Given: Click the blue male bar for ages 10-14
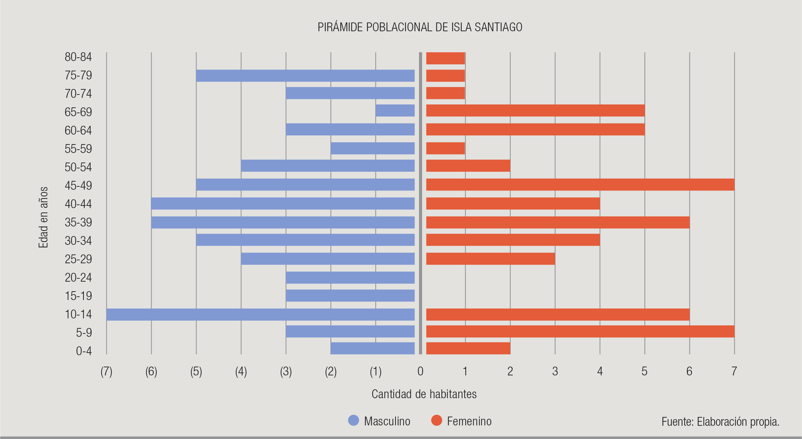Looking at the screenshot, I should click(x=260, y=314).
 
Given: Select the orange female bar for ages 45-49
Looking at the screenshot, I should click(x=580, y=185).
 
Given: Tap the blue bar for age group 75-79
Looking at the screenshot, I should click(x=305, y=76).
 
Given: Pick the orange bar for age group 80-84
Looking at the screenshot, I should click(x=446, y=58).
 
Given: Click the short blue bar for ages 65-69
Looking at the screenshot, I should click(x=395, y=111).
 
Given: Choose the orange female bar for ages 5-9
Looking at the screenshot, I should click(x=580, y=331).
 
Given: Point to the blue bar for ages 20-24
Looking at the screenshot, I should click(x=350, y=278).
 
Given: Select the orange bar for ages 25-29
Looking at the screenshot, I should click(x=490, y=259).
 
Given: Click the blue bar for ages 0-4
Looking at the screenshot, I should click(x=373, y=348).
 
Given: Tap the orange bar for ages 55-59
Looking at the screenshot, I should click(x=446, y=148).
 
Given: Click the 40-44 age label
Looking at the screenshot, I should click(x=78, y=204).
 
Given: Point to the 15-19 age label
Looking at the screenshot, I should click(x=78, y=296).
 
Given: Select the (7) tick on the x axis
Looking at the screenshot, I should click(x=106, y=372).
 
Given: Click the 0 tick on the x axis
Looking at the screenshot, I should click(x=420, y=372).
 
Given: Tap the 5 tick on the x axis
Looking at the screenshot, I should click(x=645, y=372).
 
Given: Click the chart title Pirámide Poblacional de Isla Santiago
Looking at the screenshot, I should click(x=420, y=27).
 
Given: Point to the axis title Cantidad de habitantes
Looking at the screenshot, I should click(x=424, y=394).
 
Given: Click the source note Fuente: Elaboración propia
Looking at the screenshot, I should click(x=720, y=422).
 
